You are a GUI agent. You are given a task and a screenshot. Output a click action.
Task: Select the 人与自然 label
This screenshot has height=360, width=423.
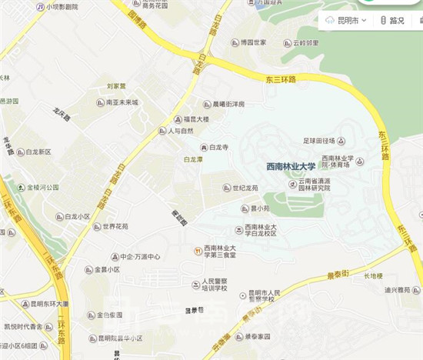tap(182, 132)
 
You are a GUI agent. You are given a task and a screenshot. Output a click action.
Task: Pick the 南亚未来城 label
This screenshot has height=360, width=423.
tap(122, 102)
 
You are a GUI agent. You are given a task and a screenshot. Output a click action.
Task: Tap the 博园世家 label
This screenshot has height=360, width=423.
tap(252, 42)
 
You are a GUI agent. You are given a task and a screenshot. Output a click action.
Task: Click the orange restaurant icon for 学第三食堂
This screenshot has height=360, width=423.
tap(198, 251)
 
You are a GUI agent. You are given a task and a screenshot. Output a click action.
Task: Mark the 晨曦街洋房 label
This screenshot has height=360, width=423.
tap(228, 105)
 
